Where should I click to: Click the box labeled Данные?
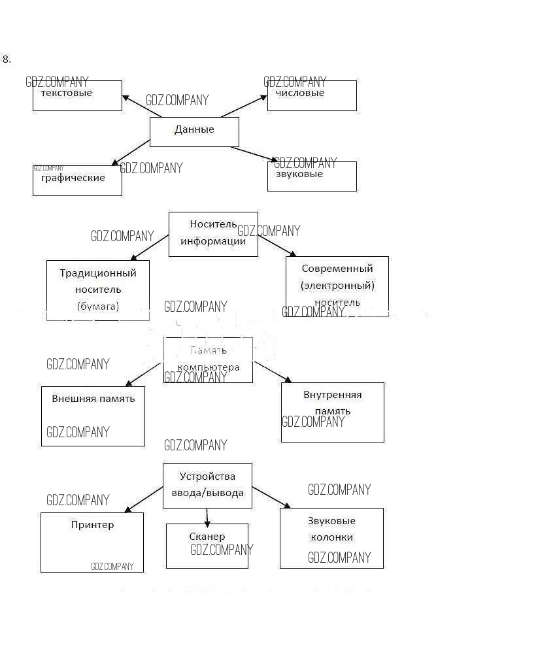[x=194, y=131]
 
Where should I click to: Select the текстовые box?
[x=77, y=95]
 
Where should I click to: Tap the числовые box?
[x=312, y=95]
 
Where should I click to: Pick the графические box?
[x=77, y=180]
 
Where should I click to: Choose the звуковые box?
[x=312, y=176]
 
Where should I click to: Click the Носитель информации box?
[x=213, y=233]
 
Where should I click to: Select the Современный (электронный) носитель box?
[x=337, y=286]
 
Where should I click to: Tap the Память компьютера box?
[x=208, y=359]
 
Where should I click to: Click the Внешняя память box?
[x=93, y=416]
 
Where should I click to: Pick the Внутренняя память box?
[x=332, y=412]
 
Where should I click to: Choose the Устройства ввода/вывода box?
[x=207, y=486]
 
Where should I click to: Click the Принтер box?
[x=92, y=542]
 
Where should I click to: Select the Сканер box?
[x=207, y=546]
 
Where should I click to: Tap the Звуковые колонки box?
[x=331, y=538]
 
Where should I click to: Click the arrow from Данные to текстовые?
[x=142, y=107]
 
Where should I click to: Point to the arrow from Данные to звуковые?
[x=254, y=154]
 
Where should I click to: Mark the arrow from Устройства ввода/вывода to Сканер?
[x=207, y=517]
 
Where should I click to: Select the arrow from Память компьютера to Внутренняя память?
[x=273, y=371]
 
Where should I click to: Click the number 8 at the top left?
[x=7, y=59]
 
